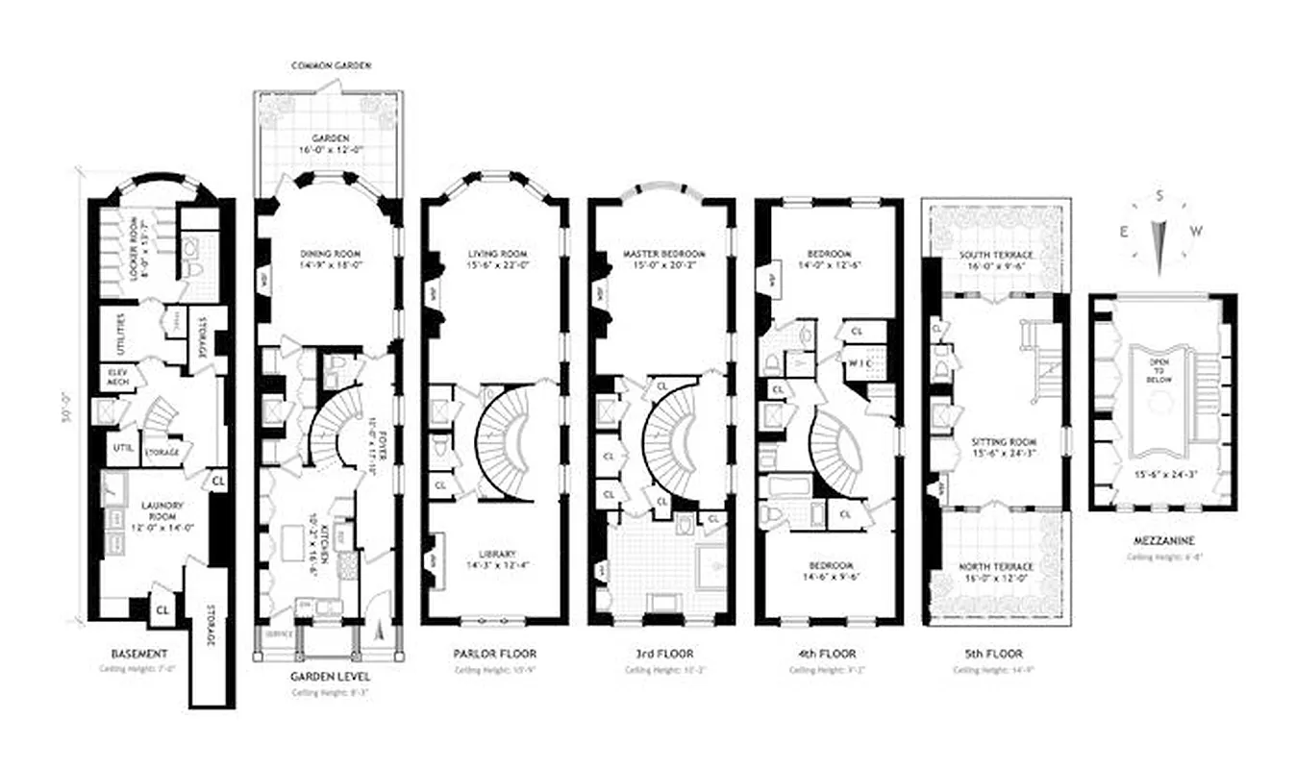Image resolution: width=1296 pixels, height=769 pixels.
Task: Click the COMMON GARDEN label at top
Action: coord(331,65)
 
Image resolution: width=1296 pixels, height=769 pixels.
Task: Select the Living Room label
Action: coord(495,254)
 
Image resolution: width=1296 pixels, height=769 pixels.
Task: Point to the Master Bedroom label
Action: coord(663,254)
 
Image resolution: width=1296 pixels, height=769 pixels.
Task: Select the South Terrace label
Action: coord(996,254)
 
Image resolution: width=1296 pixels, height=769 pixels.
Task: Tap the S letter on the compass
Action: coord(1159,196)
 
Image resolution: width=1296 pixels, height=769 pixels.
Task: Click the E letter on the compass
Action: coord(1121,231)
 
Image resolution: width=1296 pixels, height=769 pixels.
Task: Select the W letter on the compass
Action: coord(1197,231)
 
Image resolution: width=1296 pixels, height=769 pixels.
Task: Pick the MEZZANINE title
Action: coord(1162,541)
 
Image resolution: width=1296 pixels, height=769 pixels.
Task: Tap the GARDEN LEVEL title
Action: coord(329,676)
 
